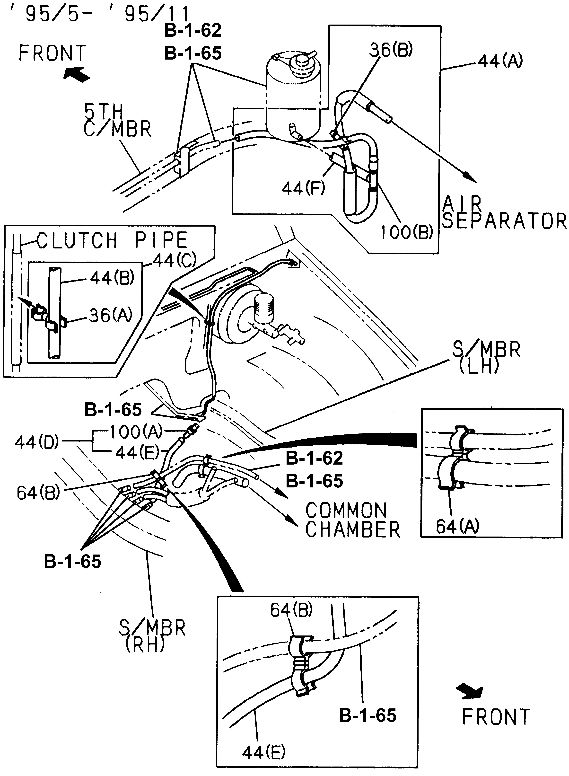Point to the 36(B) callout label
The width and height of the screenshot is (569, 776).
click(x=391, y=50)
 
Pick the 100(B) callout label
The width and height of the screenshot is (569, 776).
click(x=406, y=232)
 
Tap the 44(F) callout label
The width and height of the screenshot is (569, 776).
click(x=303, y=188)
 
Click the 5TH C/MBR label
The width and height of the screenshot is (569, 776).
click(x=117, y=121)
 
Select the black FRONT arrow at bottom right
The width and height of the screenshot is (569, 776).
click(x=470, y=692)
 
